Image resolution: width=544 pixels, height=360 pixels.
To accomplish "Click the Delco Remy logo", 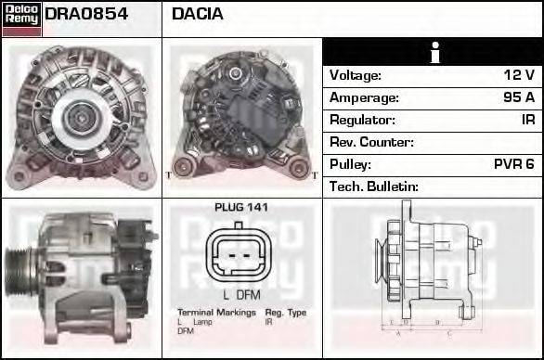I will point(21,17).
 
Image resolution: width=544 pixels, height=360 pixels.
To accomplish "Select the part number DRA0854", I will point(86,14).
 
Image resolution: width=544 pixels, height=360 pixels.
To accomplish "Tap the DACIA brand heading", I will point(198,14).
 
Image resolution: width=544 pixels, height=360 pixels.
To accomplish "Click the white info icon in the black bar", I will point(433,52).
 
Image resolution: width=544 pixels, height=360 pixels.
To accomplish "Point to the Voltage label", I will point(356,75).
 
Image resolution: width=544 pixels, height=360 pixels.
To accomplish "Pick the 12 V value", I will point(518,75).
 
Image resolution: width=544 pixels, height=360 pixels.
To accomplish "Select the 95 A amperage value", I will point(517,97).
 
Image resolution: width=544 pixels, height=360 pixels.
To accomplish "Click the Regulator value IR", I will point(527,120).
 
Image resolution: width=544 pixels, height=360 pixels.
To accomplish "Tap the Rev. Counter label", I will point(371,142).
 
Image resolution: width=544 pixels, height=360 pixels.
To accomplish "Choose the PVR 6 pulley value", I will point(513,164).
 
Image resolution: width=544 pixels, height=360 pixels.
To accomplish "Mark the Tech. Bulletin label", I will point(374,186).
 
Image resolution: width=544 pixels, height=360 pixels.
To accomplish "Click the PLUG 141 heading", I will point(240,208).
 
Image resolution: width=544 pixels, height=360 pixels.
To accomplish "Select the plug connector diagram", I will point(240,255).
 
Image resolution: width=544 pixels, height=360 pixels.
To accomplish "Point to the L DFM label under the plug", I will point(240,294).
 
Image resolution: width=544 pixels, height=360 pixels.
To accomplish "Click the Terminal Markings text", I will point(216,313).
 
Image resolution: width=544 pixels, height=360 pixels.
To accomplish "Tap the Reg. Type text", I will point(285,313).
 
